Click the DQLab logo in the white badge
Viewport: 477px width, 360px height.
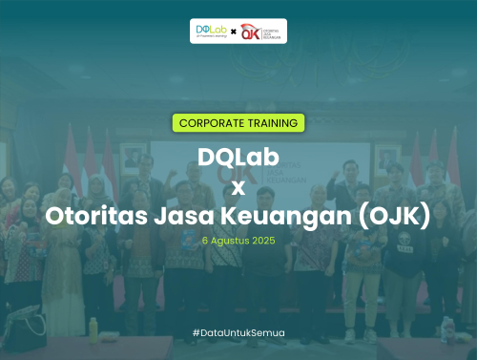(x=210, y=31)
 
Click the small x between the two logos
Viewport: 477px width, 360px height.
(x=234, y=32)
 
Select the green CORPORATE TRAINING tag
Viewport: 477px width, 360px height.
(x=238, y=123)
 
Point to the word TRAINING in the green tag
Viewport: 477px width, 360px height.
(x=276, y=123)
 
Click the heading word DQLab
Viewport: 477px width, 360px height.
(x=238, y=157)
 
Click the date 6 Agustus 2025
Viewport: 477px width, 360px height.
(x=238, y=241)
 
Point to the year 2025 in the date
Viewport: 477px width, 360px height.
(x=263, y=241)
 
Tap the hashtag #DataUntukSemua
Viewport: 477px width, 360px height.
(x=238, y=331)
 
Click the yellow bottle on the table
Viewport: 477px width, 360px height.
(x=93, y=328)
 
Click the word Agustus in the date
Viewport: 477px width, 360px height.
(x=229, y=241)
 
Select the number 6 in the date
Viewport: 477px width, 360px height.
(x=205, y=241)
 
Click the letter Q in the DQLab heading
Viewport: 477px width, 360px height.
(x=224, y=157)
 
